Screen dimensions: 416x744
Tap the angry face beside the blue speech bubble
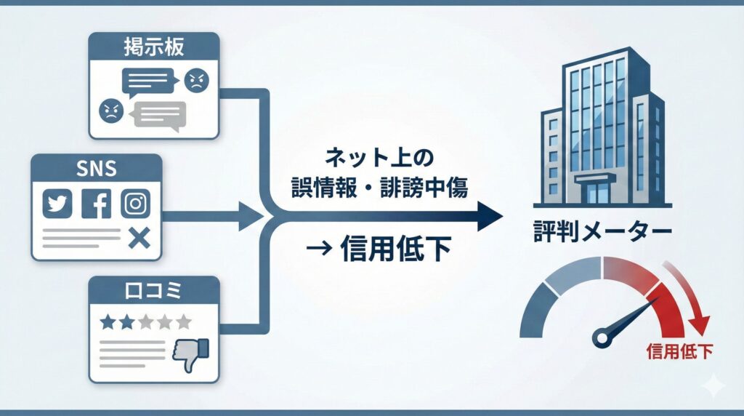click(195, 80)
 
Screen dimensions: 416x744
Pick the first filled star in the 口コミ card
click(108, 321)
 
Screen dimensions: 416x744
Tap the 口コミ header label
click(153, 292)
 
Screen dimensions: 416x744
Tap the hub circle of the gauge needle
click(602, 336)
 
